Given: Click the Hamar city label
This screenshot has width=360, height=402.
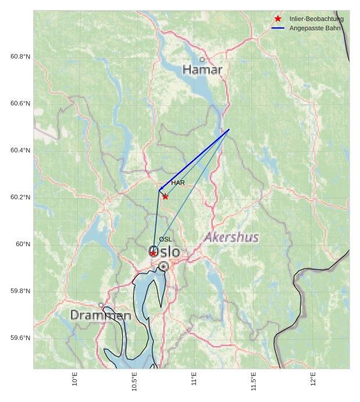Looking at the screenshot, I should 202,70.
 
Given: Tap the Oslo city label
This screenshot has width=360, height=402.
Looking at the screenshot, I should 165,252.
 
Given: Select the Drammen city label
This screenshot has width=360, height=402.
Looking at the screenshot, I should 101,316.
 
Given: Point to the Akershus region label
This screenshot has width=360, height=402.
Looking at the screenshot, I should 231,237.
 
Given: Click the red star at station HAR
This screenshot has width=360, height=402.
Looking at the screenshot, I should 165,197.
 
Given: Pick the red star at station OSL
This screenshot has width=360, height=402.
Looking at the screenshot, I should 153,253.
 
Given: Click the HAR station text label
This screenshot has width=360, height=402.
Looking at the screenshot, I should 178,183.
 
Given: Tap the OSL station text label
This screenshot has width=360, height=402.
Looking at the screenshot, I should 165,239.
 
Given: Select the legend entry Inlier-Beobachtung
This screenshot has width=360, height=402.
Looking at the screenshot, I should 316,19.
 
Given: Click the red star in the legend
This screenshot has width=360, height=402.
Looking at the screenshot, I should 278,19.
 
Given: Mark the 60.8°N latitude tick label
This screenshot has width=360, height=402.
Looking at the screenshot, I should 20,56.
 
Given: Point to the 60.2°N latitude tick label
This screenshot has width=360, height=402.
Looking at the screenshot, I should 20,197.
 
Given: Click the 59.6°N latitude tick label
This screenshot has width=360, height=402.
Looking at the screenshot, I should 20,338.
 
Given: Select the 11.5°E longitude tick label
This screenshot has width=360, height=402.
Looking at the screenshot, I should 254,382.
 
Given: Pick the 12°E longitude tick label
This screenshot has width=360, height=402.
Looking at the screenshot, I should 313,380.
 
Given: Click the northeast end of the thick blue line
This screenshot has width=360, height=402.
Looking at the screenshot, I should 229,129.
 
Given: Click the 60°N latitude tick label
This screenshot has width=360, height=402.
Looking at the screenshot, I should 23,244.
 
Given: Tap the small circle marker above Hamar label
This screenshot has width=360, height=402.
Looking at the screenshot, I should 202,59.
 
